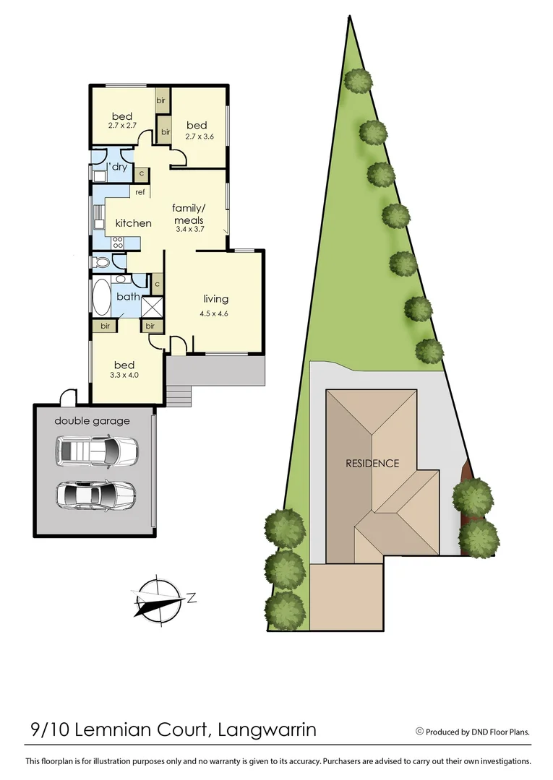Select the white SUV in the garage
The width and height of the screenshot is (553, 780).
pos(96,451)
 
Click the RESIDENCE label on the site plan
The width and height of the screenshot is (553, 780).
pos(372,464)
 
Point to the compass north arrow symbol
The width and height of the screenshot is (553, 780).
pos(158,599)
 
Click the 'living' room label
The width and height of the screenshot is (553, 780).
pos(215,299)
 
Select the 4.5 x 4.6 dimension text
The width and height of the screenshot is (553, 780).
pos(215,313)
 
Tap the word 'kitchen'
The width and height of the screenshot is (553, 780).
pos(134,223)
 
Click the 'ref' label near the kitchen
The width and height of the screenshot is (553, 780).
pos(140,192)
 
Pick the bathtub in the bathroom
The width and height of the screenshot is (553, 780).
pos(100,297)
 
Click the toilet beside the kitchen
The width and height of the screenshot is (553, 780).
pos(100,261)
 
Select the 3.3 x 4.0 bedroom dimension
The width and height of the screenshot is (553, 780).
pos(124,375)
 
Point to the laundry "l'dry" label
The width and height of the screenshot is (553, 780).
pos(118,168)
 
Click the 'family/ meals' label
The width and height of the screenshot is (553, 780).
pos(189,214)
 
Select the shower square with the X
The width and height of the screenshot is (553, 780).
pos(152,306)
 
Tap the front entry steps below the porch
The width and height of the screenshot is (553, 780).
pos(179,395)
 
